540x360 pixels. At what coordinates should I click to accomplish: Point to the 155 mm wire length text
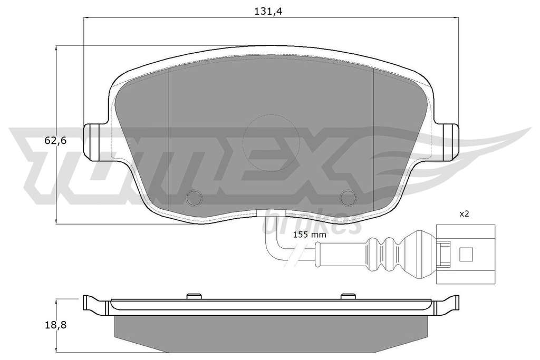309,235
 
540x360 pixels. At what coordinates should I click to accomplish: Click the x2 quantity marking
464,213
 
